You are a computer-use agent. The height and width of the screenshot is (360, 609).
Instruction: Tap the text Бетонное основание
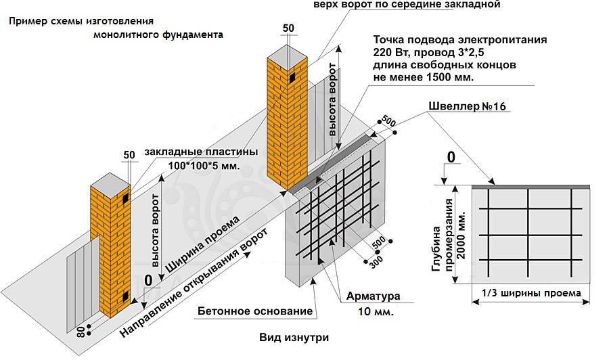pyautogui.click(x=255, y=312)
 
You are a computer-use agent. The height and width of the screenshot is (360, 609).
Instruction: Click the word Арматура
pyautogui.click(x=373, y=296)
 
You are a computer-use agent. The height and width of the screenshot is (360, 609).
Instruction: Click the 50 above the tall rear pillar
pyautogui.click(x=288, y=28)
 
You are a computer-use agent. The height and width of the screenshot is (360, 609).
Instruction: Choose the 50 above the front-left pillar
pyautogui.click(x=129, y=155)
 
